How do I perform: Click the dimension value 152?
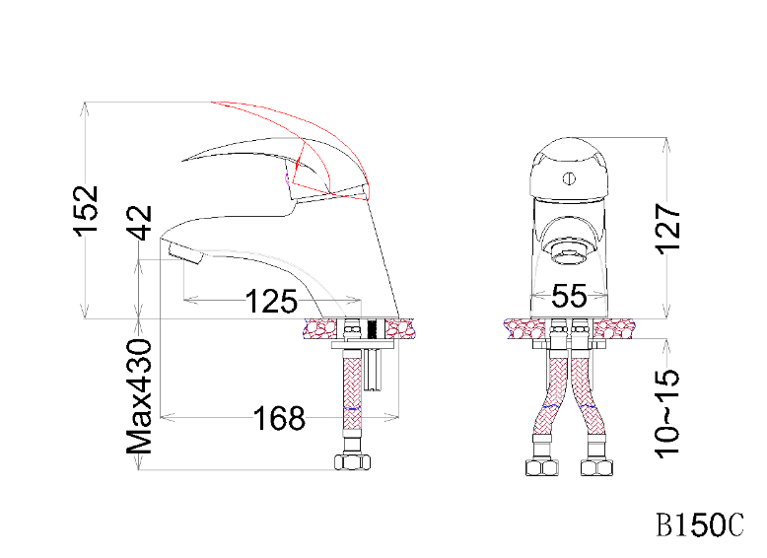(87, 211)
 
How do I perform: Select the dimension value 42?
(140, 223)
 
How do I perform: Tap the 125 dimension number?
(271, 302)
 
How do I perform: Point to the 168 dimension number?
(279, 419)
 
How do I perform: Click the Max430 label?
(139, 396)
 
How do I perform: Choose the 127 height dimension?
(667, 229)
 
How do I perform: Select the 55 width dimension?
(569, 296)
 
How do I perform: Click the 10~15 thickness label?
(667, 414)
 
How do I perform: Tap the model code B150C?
(700, 524)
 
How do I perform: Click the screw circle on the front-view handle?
(569, 178)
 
